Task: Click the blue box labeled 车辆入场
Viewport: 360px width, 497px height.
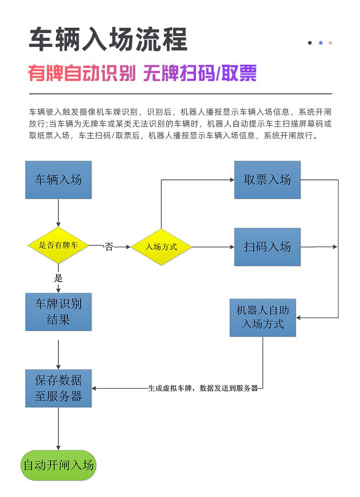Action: coord(58,180)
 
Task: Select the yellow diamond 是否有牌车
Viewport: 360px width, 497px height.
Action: coord(58,246)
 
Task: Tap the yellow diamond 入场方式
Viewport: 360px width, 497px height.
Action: coord(161,247)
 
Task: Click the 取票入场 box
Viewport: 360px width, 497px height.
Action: coord(267,180)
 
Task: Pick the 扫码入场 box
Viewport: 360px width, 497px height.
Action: coord(267,247)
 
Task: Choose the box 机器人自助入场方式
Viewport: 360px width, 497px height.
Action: coord(262,318)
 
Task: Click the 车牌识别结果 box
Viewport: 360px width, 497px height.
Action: coord(58,312)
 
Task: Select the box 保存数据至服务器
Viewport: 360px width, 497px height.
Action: coord(58,388)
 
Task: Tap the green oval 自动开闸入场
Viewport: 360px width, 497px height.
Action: coord(58,465)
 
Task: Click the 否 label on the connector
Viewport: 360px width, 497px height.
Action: coord(109,246)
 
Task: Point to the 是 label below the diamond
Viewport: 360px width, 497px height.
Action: coord(58,278)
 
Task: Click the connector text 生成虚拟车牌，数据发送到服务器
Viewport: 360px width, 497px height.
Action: coord(203,388)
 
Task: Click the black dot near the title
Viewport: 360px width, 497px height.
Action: coord(310,43)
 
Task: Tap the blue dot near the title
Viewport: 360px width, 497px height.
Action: coord(321,43)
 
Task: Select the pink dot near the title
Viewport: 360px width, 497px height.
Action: coord(330,43)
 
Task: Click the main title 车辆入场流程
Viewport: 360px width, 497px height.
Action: coord(108,39)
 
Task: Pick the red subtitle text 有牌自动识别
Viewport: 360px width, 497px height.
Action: coord(82,73)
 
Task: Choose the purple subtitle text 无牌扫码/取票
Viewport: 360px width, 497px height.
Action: coord(200,73)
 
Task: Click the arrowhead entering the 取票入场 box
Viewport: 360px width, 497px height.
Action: coord(232,180)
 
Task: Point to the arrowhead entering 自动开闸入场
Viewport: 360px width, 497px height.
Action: coord(58,447)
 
